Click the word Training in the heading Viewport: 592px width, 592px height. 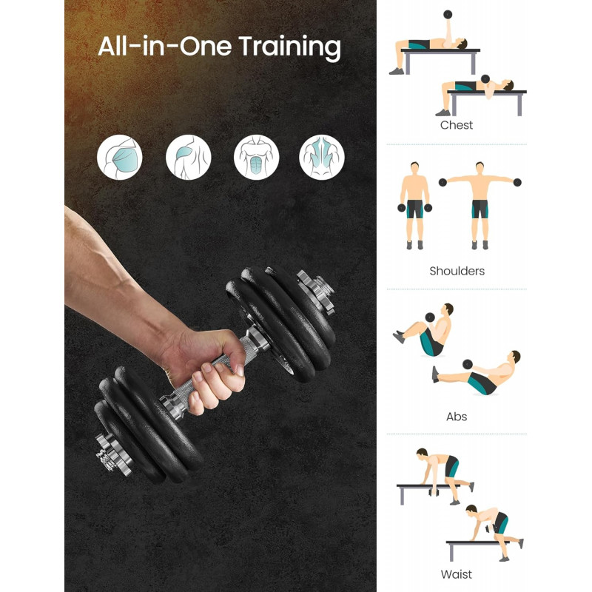[289, 47]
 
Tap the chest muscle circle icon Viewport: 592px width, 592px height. [120, 157]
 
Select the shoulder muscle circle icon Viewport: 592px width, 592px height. [189, 157]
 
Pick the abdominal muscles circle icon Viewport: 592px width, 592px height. [256, 157]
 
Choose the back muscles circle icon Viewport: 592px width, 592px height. [322, 157]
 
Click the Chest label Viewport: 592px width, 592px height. [457, 125]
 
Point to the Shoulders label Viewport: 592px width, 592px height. [457, 271]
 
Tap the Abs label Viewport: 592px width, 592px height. [457, 417]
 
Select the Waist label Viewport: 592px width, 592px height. [456, 574]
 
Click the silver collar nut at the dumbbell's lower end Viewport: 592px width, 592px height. [112, 453]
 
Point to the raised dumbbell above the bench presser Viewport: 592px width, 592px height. [448, 15]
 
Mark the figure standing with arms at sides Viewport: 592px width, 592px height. [414, 206]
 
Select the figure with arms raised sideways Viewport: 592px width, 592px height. [480, 206]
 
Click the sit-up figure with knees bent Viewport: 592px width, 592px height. [425, 330]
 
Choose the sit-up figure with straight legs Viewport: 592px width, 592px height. [477, 373]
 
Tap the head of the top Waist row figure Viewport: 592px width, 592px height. [422, 453]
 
